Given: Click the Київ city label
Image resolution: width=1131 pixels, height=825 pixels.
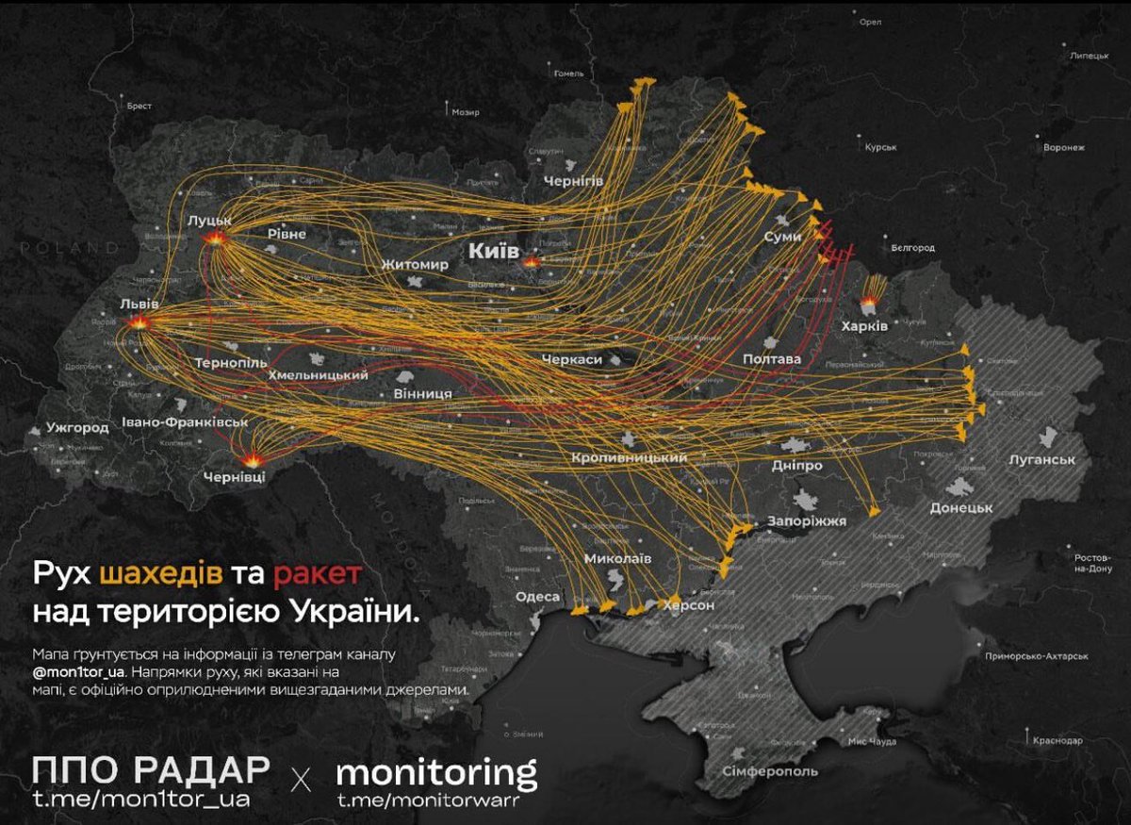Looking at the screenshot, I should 494,251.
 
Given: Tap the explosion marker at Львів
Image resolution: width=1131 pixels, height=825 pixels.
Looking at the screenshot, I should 139,323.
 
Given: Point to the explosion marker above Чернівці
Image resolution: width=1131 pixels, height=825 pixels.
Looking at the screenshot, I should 254,460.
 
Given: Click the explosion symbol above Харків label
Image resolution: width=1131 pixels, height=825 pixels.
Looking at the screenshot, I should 868,304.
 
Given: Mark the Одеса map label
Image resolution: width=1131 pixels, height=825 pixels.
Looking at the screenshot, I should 537,597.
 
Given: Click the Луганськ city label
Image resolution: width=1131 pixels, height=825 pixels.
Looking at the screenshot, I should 1041,459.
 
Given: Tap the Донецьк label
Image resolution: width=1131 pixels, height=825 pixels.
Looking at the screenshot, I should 961,507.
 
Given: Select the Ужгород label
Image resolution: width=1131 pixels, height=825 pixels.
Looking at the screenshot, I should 77,428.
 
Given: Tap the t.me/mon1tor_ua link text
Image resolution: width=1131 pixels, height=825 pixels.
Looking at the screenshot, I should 141,800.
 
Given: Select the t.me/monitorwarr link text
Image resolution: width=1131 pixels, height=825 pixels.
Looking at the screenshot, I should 423,800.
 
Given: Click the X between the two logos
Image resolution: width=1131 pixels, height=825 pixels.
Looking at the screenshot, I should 302,780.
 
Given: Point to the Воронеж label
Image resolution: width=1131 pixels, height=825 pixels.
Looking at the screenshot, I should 1064,148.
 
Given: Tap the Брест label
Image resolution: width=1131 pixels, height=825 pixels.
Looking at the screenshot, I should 139,107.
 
